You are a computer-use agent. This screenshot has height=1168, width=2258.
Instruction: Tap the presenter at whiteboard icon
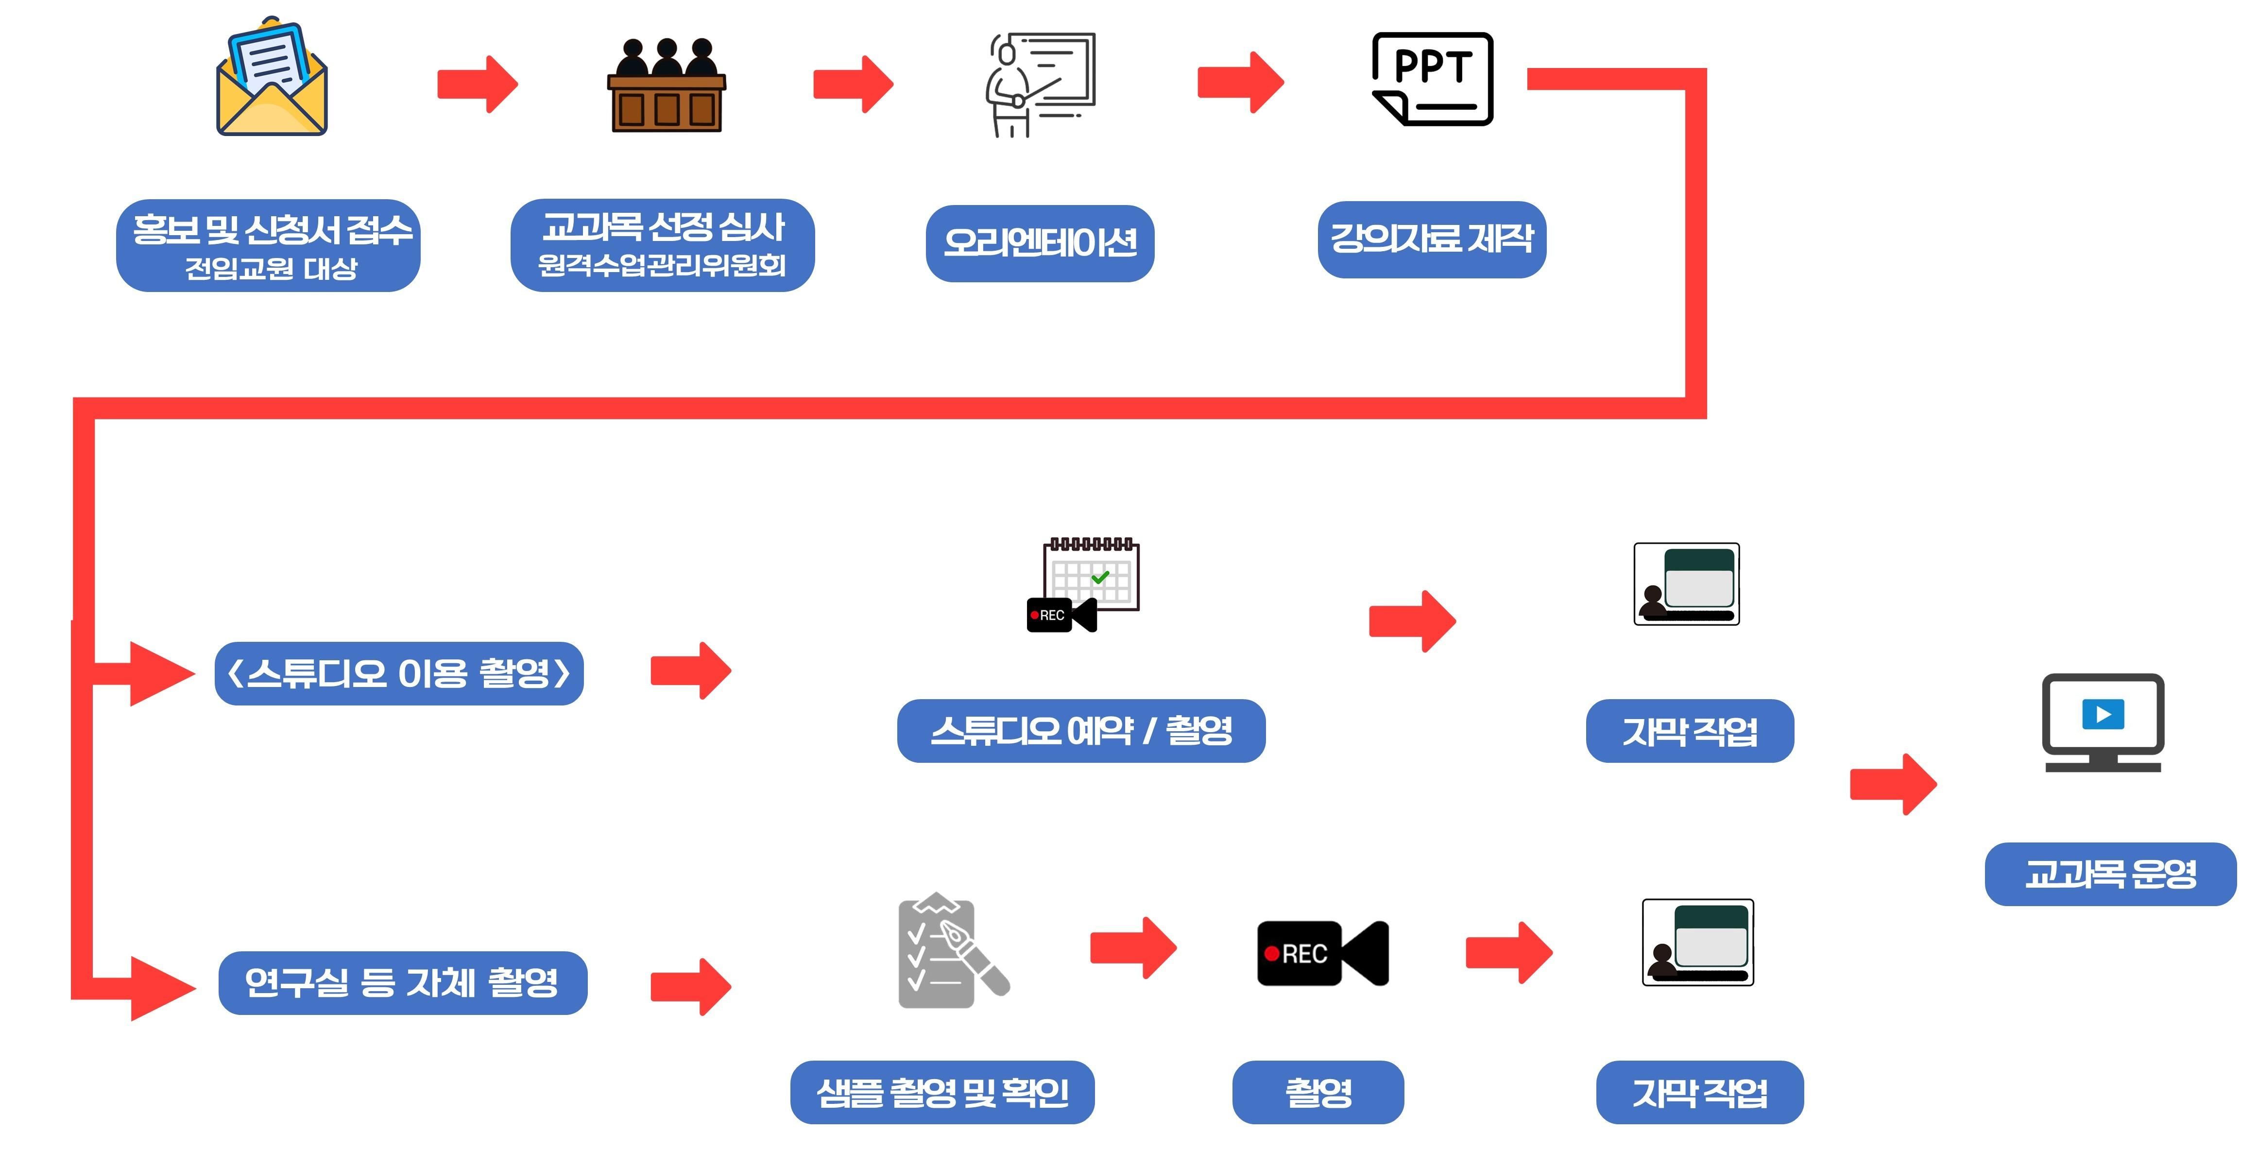click(1041, 85)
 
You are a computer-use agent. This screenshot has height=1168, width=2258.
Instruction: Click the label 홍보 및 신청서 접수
click(268, 245)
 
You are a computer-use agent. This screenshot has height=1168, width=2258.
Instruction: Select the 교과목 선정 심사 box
click(663, 245)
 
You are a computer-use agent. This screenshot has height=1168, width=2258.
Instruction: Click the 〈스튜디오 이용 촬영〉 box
click(399, 673)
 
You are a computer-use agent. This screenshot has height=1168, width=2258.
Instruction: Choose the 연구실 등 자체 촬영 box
click(402, 983)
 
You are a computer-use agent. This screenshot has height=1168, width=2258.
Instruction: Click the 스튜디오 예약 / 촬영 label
click(1081, 730)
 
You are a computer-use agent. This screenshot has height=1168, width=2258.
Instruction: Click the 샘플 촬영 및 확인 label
click(942, 1092)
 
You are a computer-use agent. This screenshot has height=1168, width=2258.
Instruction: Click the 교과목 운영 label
click(2110, 874)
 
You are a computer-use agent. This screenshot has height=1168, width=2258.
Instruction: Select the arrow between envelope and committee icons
click(478, 84)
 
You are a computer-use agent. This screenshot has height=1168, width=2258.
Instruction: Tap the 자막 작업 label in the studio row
click(1689, 730)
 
